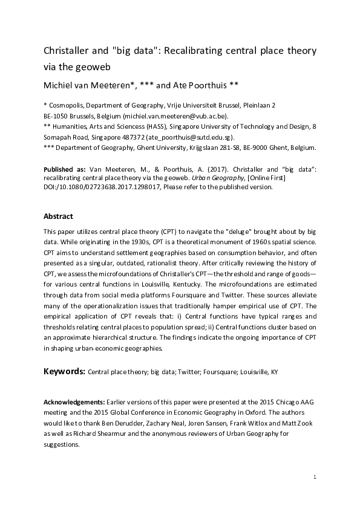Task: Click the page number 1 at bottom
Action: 315,478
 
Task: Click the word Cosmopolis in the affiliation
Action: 69,105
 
